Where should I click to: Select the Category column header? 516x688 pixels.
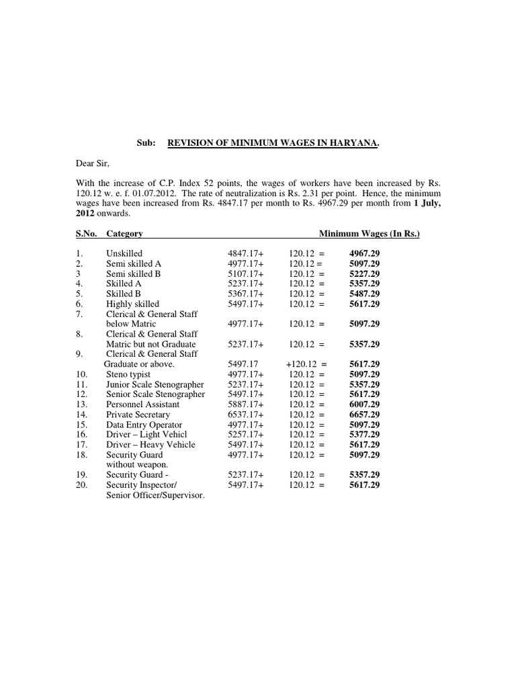[124, 234]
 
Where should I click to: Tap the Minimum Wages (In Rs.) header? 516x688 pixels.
[369, 234]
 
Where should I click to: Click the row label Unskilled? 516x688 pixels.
[124, 254]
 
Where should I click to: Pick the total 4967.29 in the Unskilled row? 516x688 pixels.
[364, 254]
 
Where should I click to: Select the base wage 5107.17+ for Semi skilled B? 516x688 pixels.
[247, 274]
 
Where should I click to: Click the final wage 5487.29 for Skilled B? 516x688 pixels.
[364, 294]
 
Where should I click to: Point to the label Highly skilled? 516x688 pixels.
[132, 304]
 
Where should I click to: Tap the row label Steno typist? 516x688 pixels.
[128, 374]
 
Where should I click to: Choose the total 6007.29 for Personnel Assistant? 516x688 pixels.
[364, 404]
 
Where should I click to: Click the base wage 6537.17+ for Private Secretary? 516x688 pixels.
[247, 415]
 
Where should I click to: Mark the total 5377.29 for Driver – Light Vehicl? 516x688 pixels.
[364, 435]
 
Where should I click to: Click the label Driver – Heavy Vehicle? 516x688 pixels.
[150, 445]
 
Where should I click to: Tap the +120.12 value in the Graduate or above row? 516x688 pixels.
[302, 364]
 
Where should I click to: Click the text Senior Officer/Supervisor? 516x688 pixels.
[155, 495]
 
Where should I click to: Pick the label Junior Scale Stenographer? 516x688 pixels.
[155, 384]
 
